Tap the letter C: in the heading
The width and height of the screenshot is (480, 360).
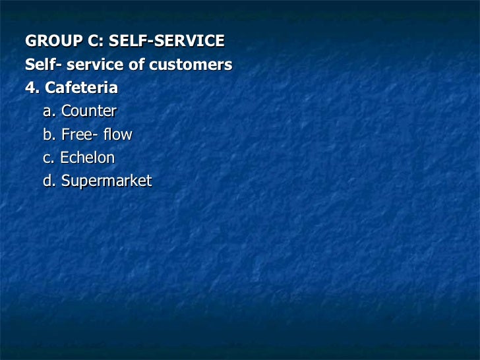(92, 42)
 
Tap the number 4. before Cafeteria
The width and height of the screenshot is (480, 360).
(31, 88)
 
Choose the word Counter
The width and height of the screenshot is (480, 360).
(88, 111)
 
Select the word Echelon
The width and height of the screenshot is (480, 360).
(87, 158)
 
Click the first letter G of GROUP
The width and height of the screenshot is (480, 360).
(30, 42)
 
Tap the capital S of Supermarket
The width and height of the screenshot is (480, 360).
(65, 181)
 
